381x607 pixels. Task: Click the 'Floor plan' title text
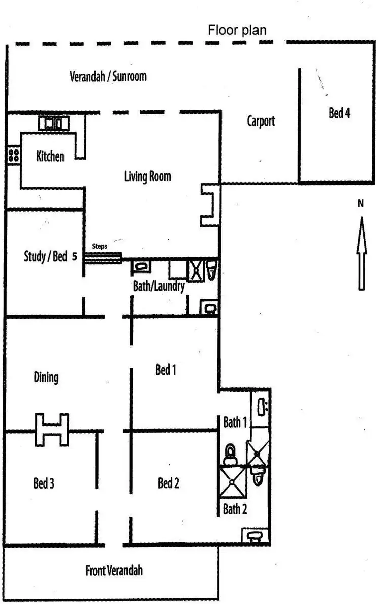pos(237,30)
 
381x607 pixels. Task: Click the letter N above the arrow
pos(361,204)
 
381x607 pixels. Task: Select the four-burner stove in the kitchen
pos(14,156)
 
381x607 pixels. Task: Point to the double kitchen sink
pos(54,123)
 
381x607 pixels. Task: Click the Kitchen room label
pos(50,156)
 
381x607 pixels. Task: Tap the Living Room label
pos(147,177)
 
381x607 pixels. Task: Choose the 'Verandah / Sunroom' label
pos(108,77)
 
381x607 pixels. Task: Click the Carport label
pos(261,121)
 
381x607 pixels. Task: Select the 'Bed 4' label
pos(339,113)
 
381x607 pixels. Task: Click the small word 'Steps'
pos(99,246)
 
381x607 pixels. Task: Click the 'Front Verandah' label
pos(114,570)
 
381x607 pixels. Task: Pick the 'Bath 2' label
pos(235,509)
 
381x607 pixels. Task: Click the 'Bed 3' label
pos(44,483)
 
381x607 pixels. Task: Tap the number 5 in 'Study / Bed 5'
pos(75,257)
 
